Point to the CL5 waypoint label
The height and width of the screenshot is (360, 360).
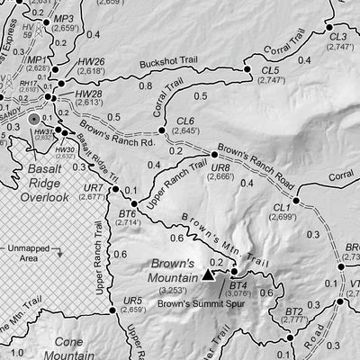pos(271,68)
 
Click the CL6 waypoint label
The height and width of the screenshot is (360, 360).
pos(185,120)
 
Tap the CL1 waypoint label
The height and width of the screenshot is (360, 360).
pos(282,206)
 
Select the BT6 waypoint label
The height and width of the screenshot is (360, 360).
pos(127,213)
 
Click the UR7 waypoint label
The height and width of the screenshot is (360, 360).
pos(93,188)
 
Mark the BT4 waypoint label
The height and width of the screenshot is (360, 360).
pos(238,284)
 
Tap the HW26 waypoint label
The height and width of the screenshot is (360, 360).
pos(91,60)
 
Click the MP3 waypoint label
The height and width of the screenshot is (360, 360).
pos(64,18)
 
